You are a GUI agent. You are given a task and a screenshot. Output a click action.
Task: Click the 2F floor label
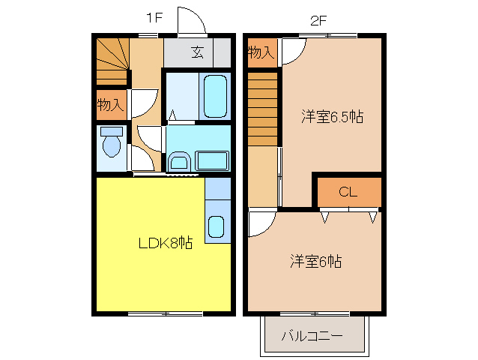318,19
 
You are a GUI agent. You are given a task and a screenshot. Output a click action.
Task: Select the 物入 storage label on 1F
110,105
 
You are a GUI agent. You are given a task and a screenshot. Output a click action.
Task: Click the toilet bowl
111,144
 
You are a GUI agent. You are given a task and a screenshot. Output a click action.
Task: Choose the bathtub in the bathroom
214,96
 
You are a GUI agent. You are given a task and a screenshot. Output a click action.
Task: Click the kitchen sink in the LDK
217,226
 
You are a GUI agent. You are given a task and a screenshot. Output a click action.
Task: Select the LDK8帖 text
165,243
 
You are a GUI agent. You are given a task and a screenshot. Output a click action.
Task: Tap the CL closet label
348,192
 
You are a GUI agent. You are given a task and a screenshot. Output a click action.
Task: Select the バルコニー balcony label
312,335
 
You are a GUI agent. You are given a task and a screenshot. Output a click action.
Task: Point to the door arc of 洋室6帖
261,222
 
